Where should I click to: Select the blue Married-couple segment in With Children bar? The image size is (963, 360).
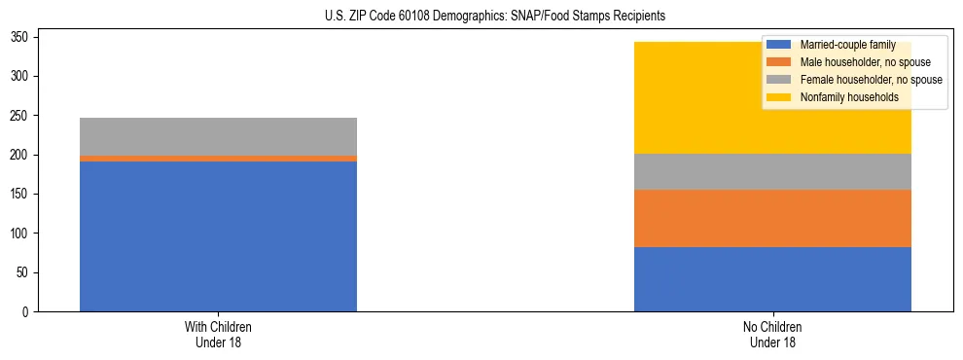pos(218,236)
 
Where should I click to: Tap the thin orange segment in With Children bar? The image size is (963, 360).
pos(218,159)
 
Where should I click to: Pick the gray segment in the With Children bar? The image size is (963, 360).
pos(218,136)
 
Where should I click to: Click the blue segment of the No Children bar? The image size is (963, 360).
pos(772,279)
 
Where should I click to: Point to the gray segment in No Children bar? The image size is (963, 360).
pos(772,171)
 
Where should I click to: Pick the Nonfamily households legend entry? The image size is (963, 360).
pos(848,97)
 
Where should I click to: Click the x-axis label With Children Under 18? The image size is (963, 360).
pos(218,334)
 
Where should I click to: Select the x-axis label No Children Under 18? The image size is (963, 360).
pos(772,334)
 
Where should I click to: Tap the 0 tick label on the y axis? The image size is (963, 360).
pos(28,312)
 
